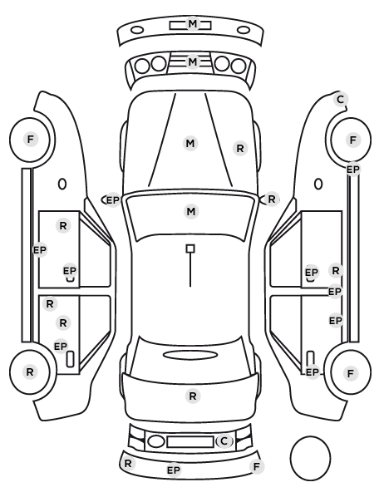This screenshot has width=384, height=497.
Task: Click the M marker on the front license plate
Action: [x=193, y=24]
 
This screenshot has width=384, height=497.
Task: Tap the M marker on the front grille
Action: [x=193, y=62]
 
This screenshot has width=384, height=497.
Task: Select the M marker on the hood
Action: [x=190, y=144]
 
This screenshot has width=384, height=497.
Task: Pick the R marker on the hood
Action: [x=240, y=148]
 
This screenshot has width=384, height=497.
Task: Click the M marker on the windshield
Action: [x=191, y=211]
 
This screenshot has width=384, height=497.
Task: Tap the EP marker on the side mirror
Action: [x=112, y=200]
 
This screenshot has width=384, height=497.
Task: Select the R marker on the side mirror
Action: [x=272, y=199]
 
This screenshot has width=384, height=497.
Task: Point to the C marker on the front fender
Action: [x=341, y=100]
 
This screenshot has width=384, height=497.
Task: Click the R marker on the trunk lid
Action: [x=193, y=396]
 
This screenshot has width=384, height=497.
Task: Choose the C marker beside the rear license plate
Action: [x=224, y=440]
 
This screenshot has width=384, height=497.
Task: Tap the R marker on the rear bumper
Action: [x=128, y=464]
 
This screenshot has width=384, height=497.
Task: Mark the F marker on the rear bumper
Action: [x=257, y=466]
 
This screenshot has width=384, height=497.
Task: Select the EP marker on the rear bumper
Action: [x=174, y=470]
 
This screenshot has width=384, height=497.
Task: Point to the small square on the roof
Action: [x=190, y=248]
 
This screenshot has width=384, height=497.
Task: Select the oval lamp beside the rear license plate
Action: [x=156, y=441]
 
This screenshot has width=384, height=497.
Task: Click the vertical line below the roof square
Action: [x=190, y=270]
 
